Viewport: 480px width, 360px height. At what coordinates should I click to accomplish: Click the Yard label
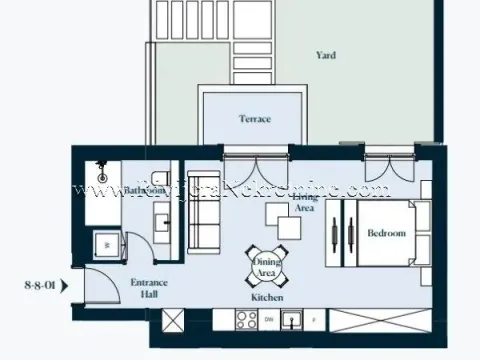click(x=325, y=56)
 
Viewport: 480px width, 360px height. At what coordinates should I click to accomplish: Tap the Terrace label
click(x=254, y=118)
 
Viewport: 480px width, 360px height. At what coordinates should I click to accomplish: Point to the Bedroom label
click(x=386, y=233)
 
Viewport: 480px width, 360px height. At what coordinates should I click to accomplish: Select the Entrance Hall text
click(x=149, y=288)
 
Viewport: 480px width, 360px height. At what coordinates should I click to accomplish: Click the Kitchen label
click(x=267, y=298)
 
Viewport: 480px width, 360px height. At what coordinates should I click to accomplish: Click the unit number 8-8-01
click(x=39, y=284)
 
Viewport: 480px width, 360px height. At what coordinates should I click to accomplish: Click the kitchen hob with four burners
click(x=244, y=320)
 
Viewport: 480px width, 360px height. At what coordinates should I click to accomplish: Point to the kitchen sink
click(x=292, y=320)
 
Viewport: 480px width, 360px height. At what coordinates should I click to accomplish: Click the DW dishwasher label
click(x=269, y=320)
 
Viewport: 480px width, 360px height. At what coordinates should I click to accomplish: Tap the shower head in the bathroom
click(x=100, y=167)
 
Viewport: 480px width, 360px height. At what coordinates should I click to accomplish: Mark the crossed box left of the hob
click(x=174, y=320)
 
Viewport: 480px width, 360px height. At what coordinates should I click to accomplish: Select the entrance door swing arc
click(x=100, y=290)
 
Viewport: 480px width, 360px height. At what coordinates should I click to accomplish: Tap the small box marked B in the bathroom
click(x=103, y=242)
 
